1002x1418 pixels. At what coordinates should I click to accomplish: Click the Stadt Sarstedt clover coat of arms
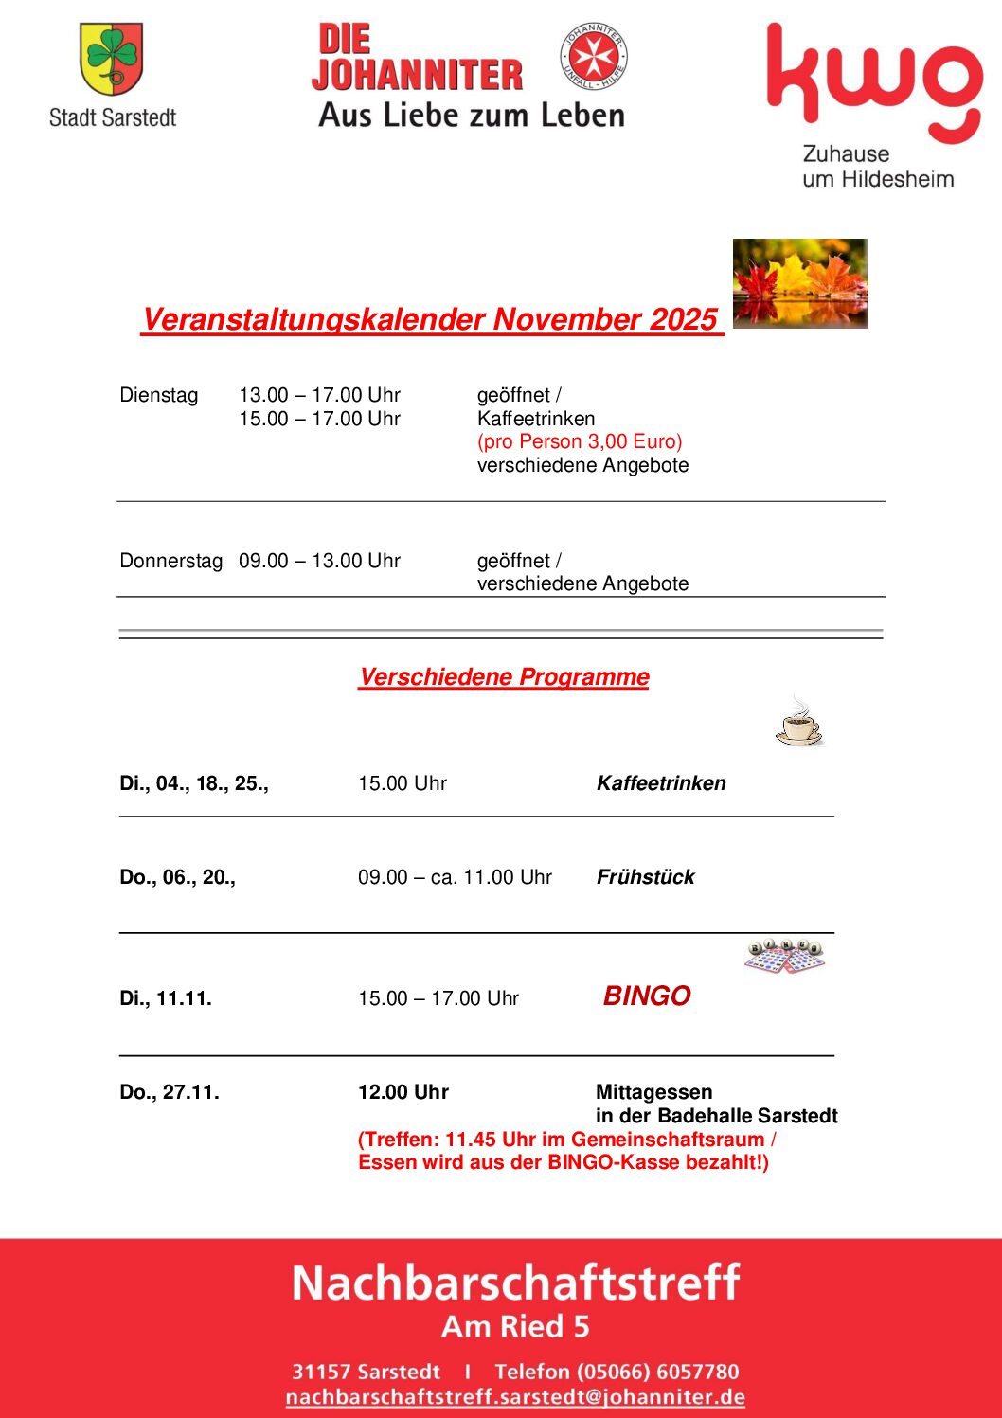pyautogui.click(x=112, y=58)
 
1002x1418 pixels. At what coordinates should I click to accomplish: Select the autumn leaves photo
pyautogui.click(x=800, y=283)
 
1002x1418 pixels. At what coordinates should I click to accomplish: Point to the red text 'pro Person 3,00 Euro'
pyautogui.click(x=580, y=441)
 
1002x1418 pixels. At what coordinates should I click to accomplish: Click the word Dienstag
pyautogui.click(x=159, y=395)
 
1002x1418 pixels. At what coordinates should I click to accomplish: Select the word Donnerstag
pyautogui.click(x=170, y=561)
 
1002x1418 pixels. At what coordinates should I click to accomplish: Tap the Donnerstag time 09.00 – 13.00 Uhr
pyautogui.click(x=319, y=561)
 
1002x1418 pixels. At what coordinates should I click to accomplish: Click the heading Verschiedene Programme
pyautogui.click(x=504, y=677)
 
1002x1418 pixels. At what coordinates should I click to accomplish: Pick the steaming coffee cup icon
pyautogui.click(x=798, y=722)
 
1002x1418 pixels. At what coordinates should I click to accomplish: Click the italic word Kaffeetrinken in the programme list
pyautogui.click(x=661, y=783)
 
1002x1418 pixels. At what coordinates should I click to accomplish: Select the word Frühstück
pyautogui.click(x=645, y=877)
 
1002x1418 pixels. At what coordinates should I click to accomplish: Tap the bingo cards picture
pyautogui.click(x=784, y=956)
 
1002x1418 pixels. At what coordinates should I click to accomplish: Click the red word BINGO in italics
pyautogui.click(x=647, y=996)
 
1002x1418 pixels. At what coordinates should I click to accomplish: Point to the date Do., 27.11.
pyautogui.click(x=170, y=1092)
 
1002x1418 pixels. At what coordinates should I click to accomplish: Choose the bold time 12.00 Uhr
pyautogui.click(x=403, y=1092)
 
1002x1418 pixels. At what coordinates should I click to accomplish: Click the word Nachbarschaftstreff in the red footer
pyautogui.click(x=515, y=1283)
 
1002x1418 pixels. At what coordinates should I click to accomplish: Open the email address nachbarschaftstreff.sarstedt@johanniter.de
pyautogui.click(x=515, y=1397)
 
